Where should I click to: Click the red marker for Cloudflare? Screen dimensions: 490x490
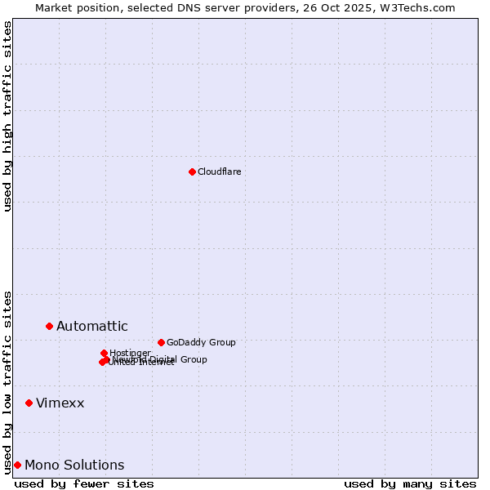(192, 171)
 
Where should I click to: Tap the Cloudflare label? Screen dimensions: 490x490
(219, 171)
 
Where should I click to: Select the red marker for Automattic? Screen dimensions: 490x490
(49, 326)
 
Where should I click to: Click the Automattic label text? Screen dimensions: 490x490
(91, 327)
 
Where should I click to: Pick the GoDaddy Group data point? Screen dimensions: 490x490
(161, 342)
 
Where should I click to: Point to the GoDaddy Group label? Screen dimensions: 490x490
(200, 342)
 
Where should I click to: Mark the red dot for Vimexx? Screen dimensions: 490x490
(29, 403)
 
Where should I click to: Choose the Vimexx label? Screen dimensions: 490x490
(60, 403)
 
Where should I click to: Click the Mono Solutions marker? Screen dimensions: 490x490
(17, 465)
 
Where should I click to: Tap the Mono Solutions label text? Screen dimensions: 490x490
(74, 465)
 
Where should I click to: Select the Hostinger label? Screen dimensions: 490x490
(130, 353)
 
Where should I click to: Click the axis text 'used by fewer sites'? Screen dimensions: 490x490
(84, 483)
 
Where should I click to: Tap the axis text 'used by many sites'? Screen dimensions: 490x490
(410, 483)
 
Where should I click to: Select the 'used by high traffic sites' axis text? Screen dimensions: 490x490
(8, 116)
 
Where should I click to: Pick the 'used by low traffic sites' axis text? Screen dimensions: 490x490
(8, 381)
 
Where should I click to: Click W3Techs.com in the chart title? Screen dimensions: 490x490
(421, 7)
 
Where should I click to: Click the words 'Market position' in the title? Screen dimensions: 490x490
(74, 7)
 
